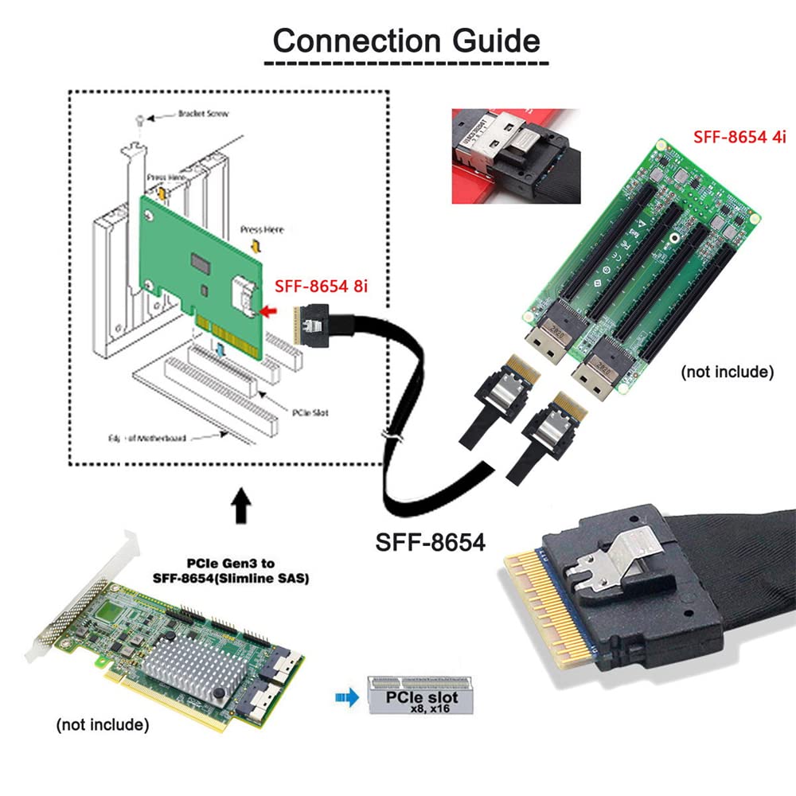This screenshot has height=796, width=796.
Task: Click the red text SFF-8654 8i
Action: coord(321,286)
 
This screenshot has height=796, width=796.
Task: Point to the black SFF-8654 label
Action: coord(430,543)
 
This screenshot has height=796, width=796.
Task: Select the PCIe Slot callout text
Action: coord(310,413)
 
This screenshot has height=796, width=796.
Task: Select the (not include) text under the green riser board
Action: coord(728,371)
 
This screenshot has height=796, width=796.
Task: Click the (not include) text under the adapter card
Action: coord(103,724)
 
